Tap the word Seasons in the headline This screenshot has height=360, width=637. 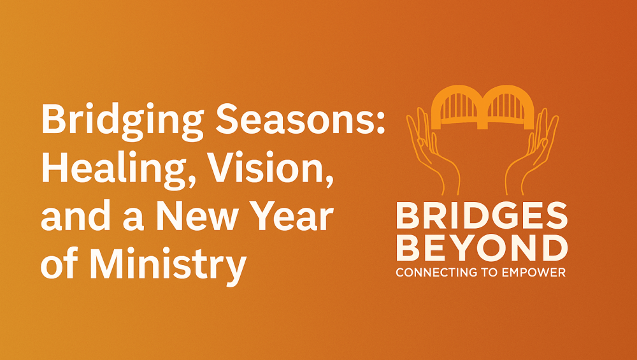[x=296, y=119]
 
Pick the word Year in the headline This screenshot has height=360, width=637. [x=291, y=216]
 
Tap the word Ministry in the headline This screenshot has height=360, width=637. [x=168, y=264]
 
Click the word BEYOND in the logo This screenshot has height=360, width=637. [x=482, y=248]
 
